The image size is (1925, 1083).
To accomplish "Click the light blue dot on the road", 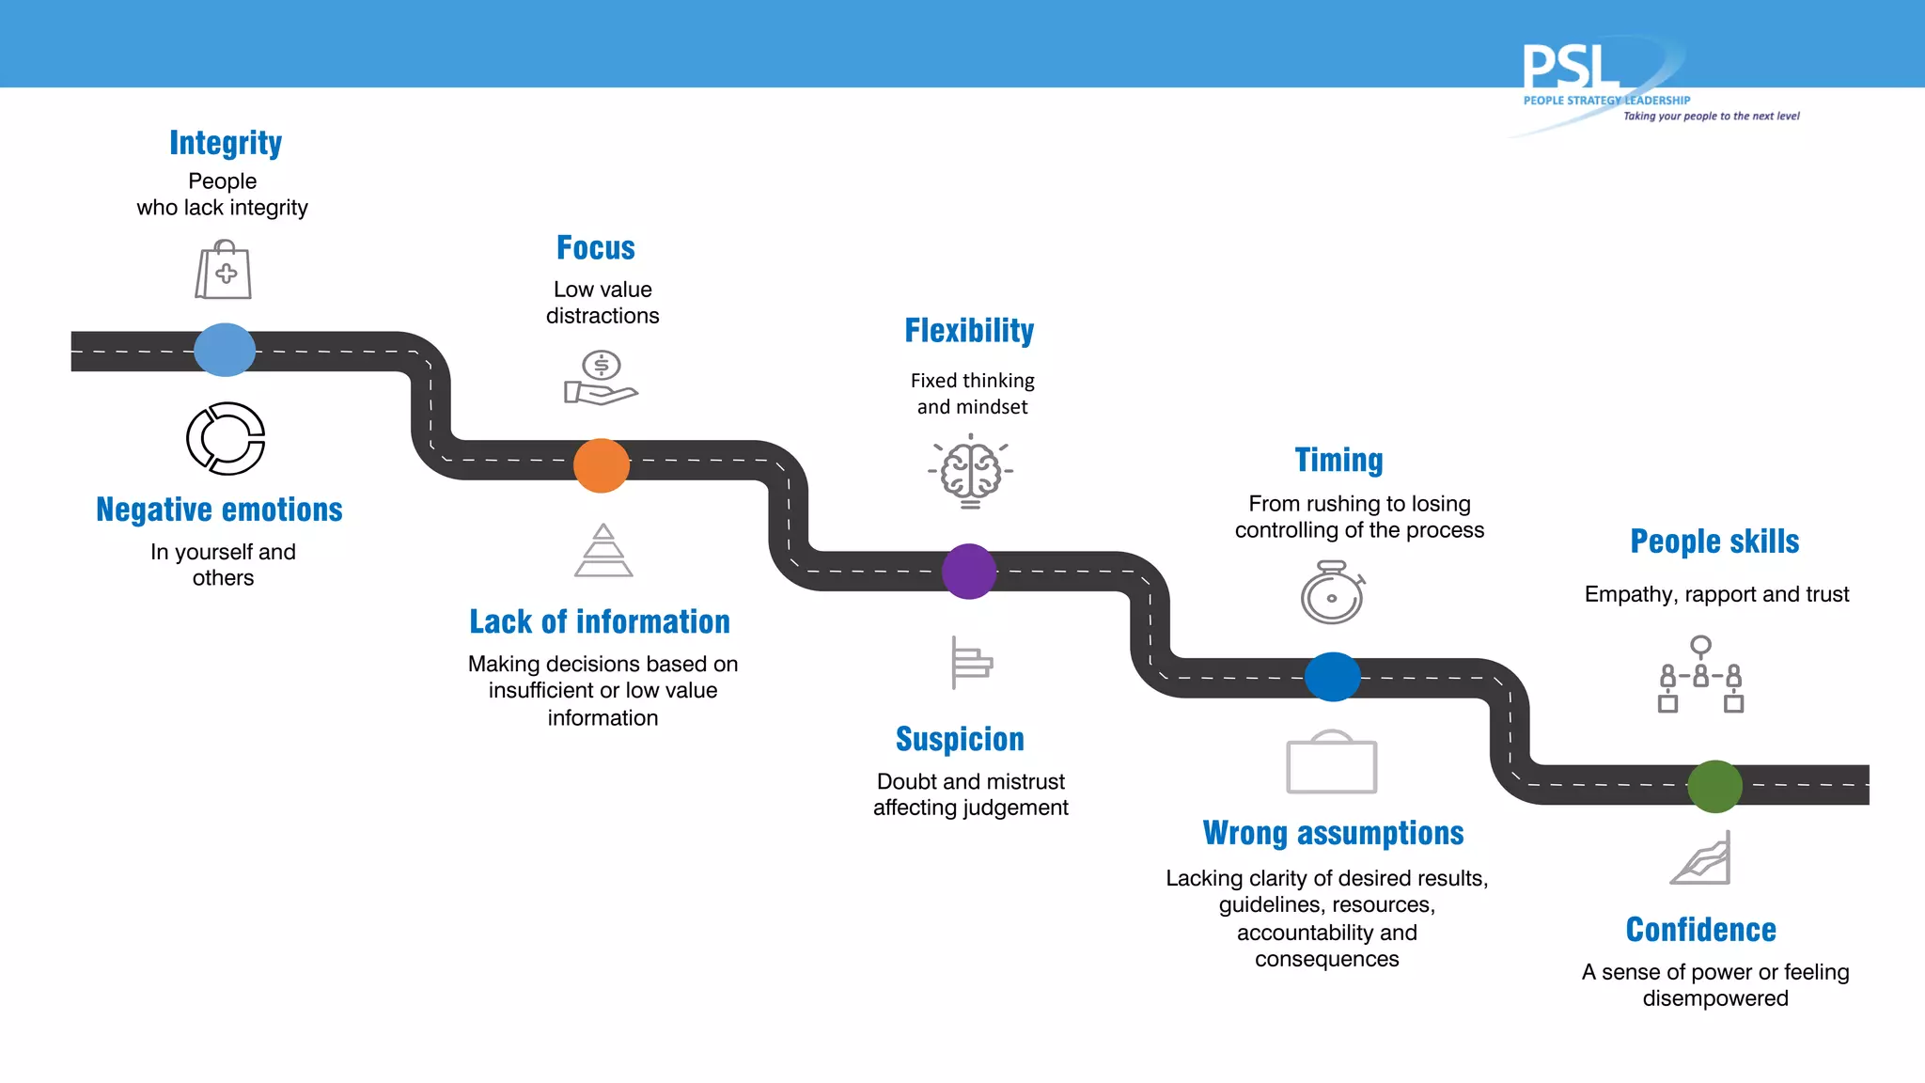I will [225, 350].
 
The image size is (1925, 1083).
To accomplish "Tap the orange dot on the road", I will [602, 465].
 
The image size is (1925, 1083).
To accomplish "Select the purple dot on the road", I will [969, 571].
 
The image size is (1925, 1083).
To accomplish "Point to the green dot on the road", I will [1714, 786].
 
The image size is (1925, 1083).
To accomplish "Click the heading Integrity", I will [226, 143].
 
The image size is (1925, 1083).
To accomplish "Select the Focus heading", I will [596, 248].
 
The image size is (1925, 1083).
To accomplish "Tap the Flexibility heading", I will [969, 331].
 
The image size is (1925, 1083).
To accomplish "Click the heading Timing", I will [1338, 461].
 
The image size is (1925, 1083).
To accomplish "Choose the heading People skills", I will [1714, 541].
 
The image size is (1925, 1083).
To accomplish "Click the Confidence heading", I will [1701, 930].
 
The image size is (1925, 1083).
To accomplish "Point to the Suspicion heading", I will [960, 740].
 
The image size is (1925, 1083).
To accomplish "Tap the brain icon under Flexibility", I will [971, 471].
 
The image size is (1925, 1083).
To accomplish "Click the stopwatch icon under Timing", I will [1333, 592].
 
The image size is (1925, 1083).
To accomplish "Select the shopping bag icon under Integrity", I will [224, 271].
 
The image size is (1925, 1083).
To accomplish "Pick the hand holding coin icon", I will [601, 378].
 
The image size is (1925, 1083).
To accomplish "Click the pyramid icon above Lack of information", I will [603, 551].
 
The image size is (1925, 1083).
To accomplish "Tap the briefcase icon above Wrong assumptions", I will [1331, 762].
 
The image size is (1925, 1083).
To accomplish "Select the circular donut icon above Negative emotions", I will [226, 438].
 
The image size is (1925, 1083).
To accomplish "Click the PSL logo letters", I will [1570, 68].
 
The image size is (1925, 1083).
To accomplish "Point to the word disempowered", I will [1715, 998].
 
